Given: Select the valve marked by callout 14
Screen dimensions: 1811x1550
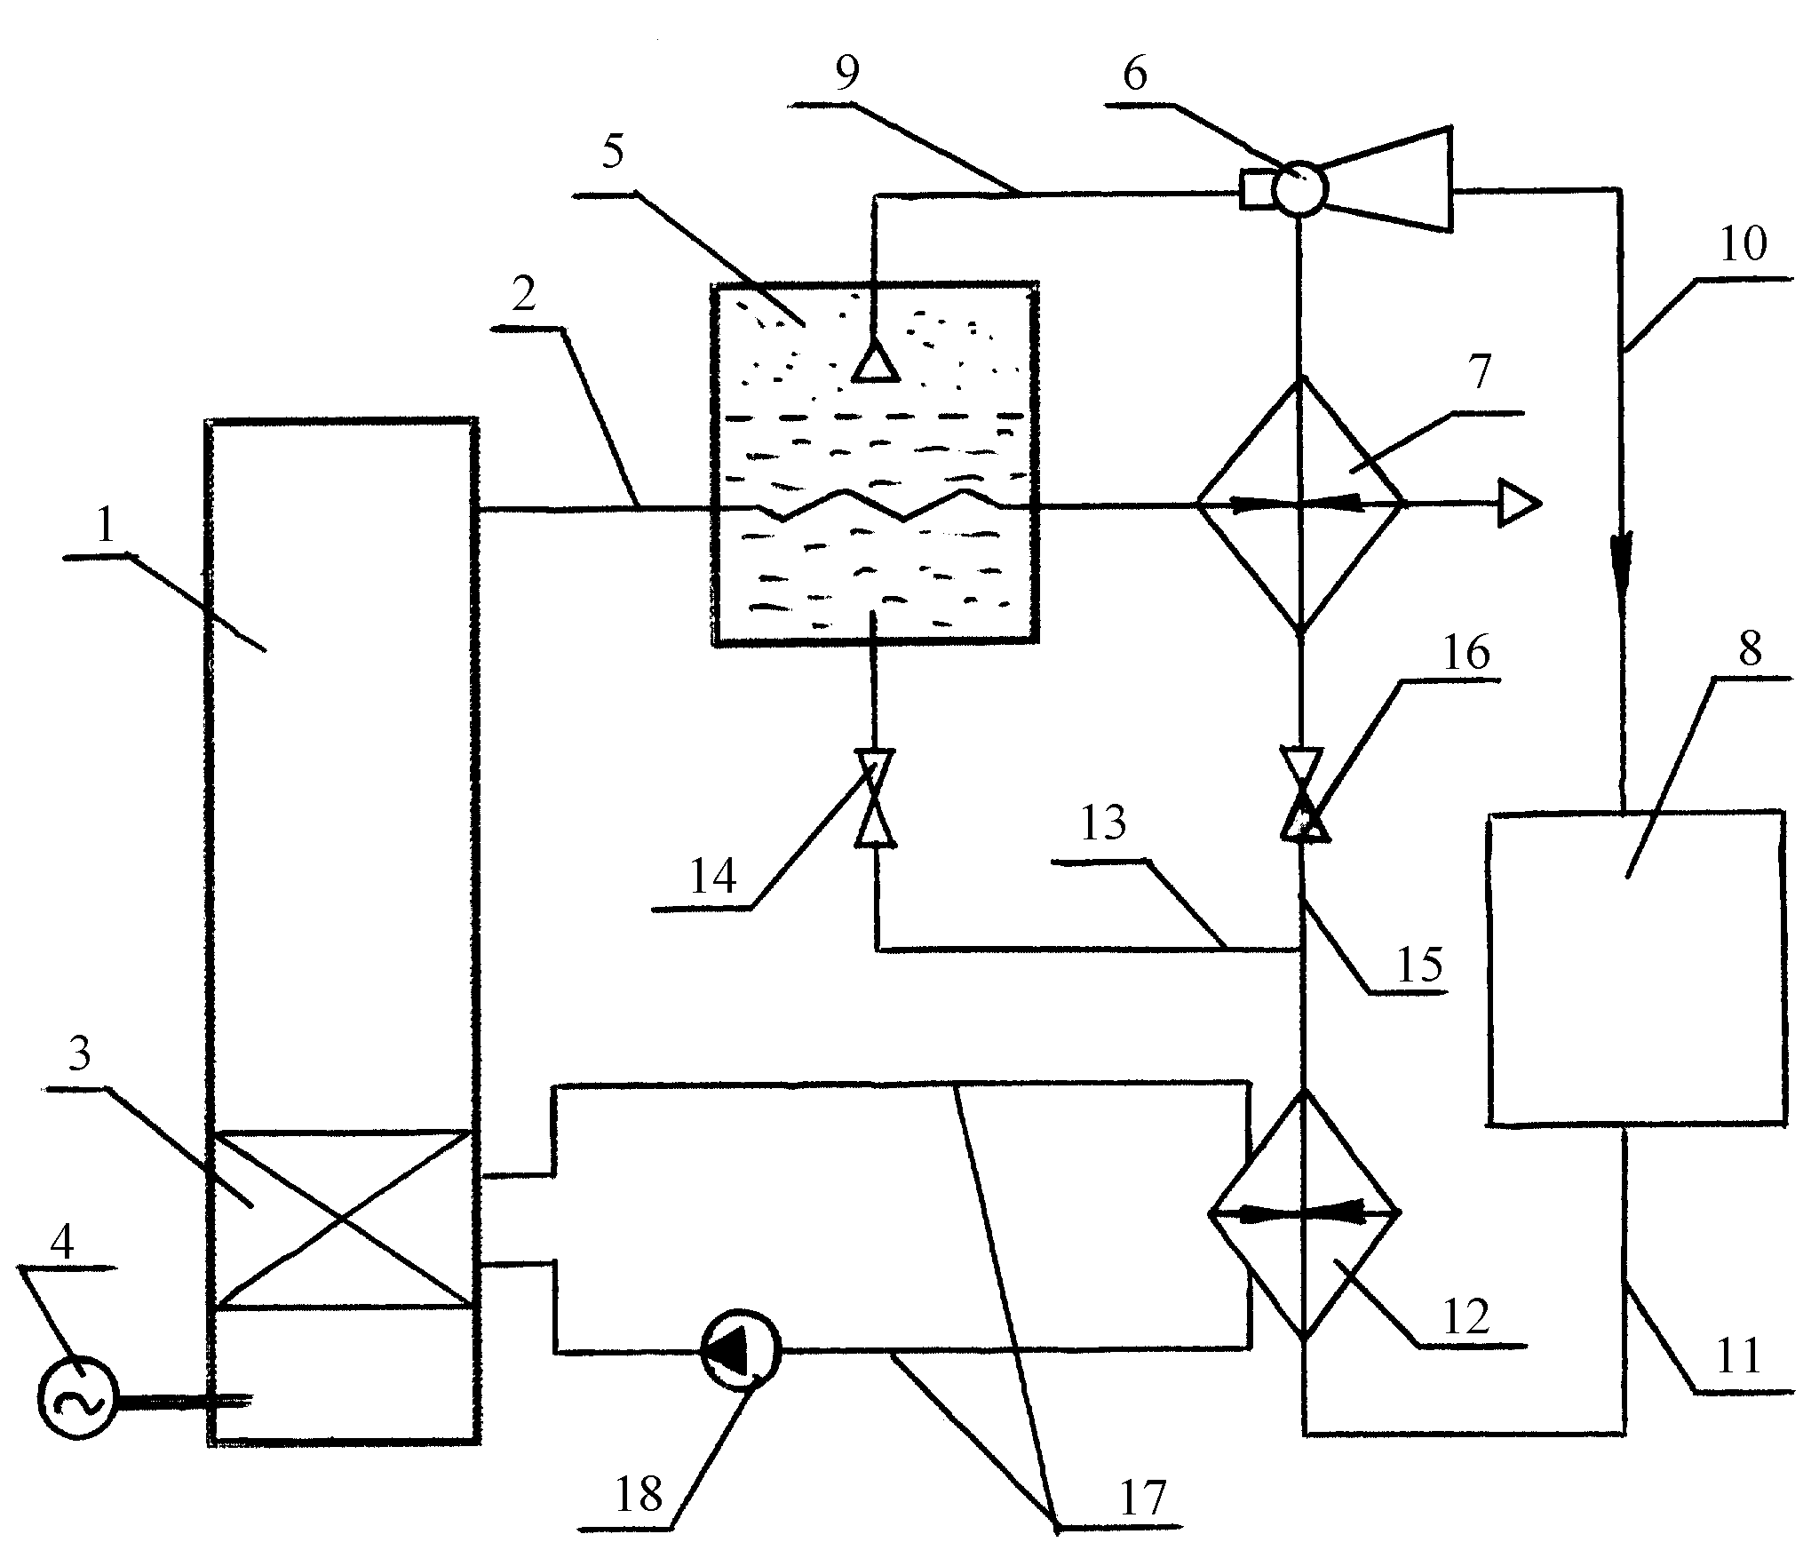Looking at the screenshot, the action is pyautogui.click(x=875, y=799).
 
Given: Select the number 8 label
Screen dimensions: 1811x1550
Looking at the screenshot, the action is pyautogui.click(x=1749, y=650).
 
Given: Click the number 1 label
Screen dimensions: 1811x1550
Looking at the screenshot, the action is pyautogui.click(x=106, y=525).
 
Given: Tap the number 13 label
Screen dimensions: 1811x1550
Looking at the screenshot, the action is pyautogui.click(x=1104, y=823).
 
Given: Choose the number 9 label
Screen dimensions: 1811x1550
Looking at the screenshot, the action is pyautogui.click(x=847, y=75).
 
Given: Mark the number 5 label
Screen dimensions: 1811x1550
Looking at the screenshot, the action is pyautogui.click(x=613, y=153).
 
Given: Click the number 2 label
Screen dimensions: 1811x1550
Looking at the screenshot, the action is pyautogui.click(x=525, y=294).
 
